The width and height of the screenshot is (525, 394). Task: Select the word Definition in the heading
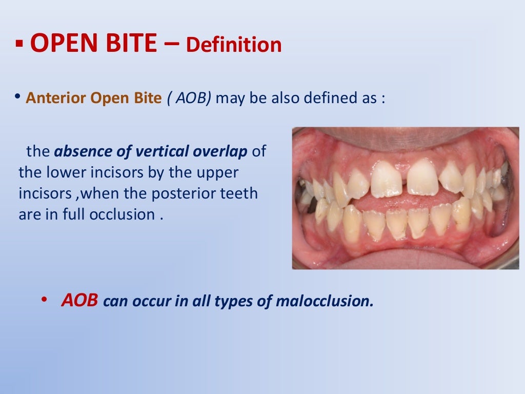coord(234,45)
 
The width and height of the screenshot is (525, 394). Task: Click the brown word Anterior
coord(56,98)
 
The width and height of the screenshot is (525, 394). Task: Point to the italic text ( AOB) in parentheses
coord(189,98)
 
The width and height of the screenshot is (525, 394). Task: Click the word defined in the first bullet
coord(330,98)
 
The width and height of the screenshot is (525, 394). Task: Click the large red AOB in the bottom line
coord(79,300)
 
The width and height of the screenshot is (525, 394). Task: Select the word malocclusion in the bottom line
coord(324,301)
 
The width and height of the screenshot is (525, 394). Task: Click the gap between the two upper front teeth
coord(405,180)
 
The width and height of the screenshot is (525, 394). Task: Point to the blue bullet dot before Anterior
coord(18,96)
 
